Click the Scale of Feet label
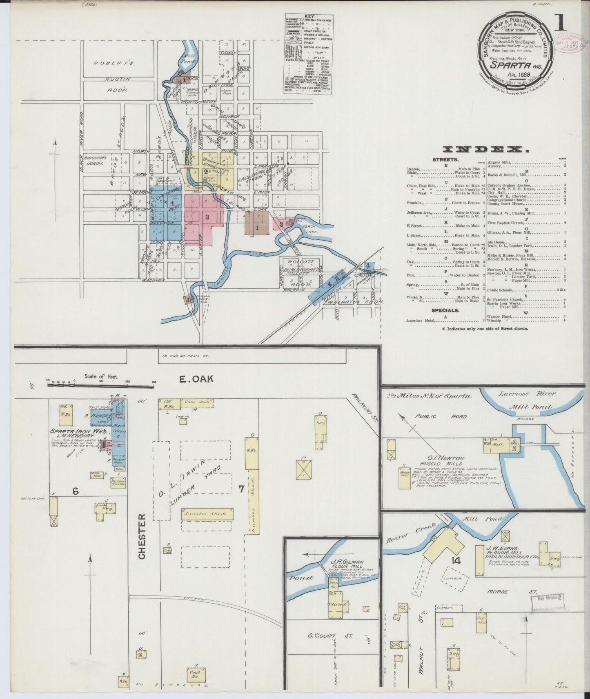[101, 376]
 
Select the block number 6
[76, 491]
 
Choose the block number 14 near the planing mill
[456, 561]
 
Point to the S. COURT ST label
[332, 635]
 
